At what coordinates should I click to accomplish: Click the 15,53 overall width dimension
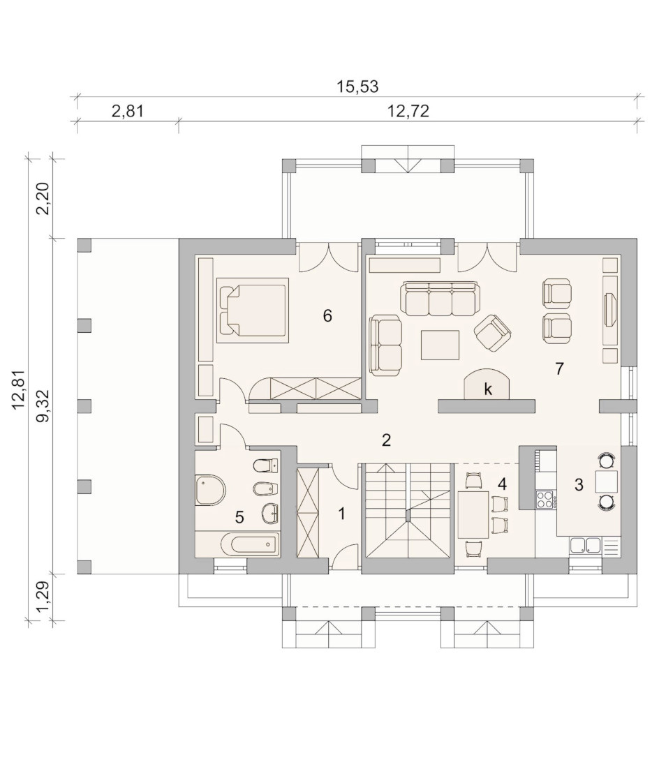click(357, 87)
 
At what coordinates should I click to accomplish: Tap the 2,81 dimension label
click(128, 111)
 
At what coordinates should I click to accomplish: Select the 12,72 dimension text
click(408, 111)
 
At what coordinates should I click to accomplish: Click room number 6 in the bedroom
click(327, 316)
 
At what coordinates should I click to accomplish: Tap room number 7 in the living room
click(559, 369)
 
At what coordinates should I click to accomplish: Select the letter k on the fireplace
click(488, 389)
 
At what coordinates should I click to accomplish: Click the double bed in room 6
click(253, 310)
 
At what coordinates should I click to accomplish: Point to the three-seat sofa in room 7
click(440, 299)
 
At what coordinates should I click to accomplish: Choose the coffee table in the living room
click(440, 345)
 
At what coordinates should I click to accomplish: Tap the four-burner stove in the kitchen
click(546, 499)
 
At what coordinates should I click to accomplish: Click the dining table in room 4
click(473, 515)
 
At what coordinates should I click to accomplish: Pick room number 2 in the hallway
click(386, 440)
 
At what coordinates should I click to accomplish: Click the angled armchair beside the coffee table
click(492, 332)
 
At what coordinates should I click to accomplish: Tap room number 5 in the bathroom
click(239, 517)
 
